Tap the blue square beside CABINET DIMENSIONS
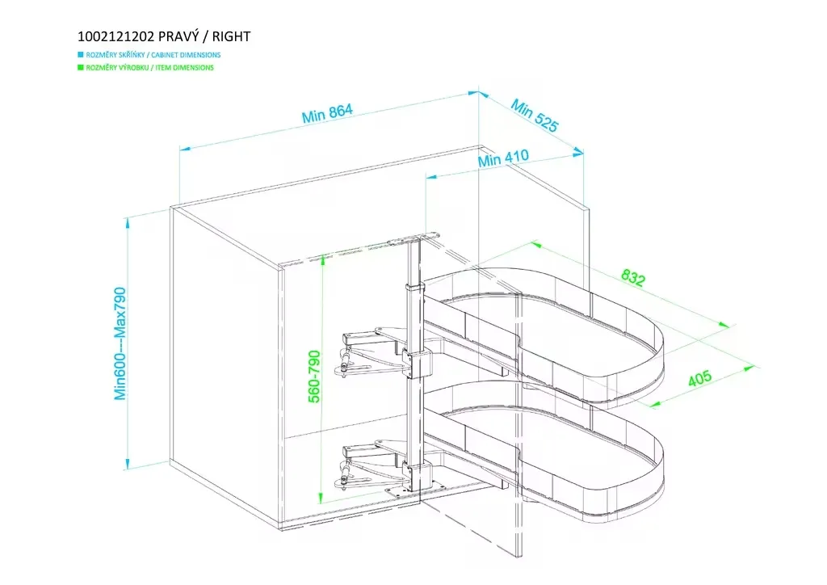coord(80,55)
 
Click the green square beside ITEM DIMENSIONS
coord(80,68)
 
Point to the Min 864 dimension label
coord(328,113)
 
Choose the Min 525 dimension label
coord(534,116)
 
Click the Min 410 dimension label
coord(502,158)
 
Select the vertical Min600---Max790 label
coord(121,343)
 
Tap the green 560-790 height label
coord(314,376)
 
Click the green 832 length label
coord(633,278)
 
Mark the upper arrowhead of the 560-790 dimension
coord(321,259)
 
